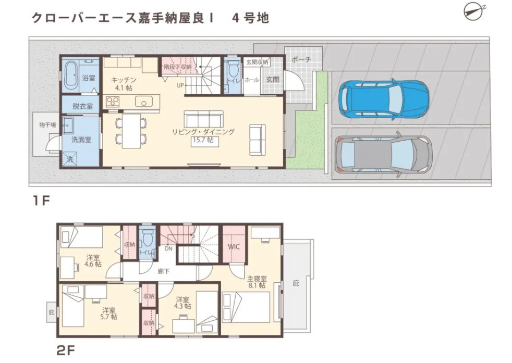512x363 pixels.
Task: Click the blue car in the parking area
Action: tap(384, 99)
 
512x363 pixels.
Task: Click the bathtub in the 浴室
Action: tap(71, 77)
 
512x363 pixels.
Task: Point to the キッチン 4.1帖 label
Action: tap(123, 84)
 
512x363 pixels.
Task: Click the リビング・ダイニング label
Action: tap(203, 132)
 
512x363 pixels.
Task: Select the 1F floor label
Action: tap(41, 201)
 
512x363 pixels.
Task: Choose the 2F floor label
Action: tap(66, 351)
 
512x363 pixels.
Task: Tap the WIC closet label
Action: tap(234, 246)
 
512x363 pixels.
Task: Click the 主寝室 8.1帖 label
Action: tap(257, 282)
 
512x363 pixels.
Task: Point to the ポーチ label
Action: tap(301, 60)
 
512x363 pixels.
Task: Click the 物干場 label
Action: tap(47, 124)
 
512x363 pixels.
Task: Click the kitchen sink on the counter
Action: tap(144, 102)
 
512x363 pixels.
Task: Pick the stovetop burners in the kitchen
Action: tap(113, 102)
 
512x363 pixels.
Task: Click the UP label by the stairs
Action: tap(180, 85)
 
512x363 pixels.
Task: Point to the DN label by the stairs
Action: tap(168, 248)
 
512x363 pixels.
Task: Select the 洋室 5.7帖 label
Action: tap(109, 313)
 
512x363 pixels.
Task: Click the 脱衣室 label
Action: tap(82, 106)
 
